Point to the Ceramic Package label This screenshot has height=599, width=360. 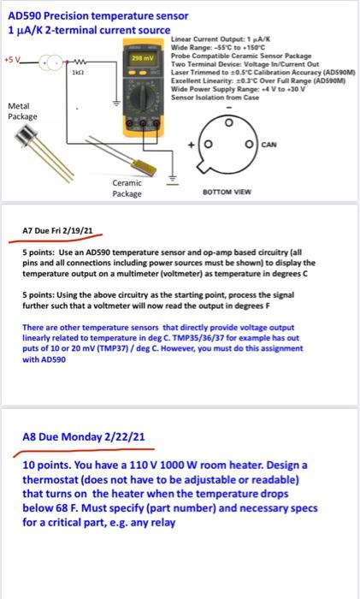[127, 188]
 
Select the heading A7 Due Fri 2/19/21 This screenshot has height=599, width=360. [57, 229]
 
